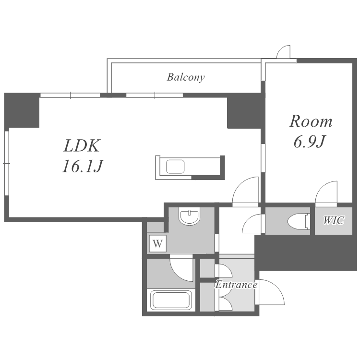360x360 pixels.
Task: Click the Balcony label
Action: coord(185,77)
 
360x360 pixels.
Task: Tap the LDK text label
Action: coord(82,146)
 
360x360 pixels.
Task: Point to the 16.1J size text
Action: coord(83,166)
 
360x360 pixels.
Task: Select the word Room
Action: coord(311,121)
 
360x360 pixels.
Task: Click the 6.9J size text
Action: coord(310,142)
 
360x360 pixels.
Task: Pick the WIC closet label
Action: coord(334,220)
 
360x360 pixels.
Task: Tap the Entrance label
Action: coord(236,285)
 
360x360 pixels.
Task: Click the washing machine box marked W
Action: coord(158,243)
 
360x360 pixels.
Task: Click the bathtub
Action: coord(171,300)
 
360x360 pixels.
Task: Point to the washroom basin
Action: coord(190,216)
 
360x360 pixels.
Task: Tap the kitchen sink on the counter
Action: coord(175,167)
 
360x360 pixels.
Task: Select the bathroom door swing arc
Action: coord(181,268)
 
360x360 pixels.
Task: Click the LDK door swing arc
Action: coord(245,191)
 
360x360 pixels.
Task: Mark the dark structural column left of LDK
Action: coord(22,110)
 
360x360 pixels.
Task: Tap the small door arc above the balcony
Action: coord(283,52)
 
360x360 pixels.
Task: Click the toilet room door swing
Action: coord(252,224)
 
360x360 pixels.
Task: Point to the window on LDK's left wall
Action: coord(6,163)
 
